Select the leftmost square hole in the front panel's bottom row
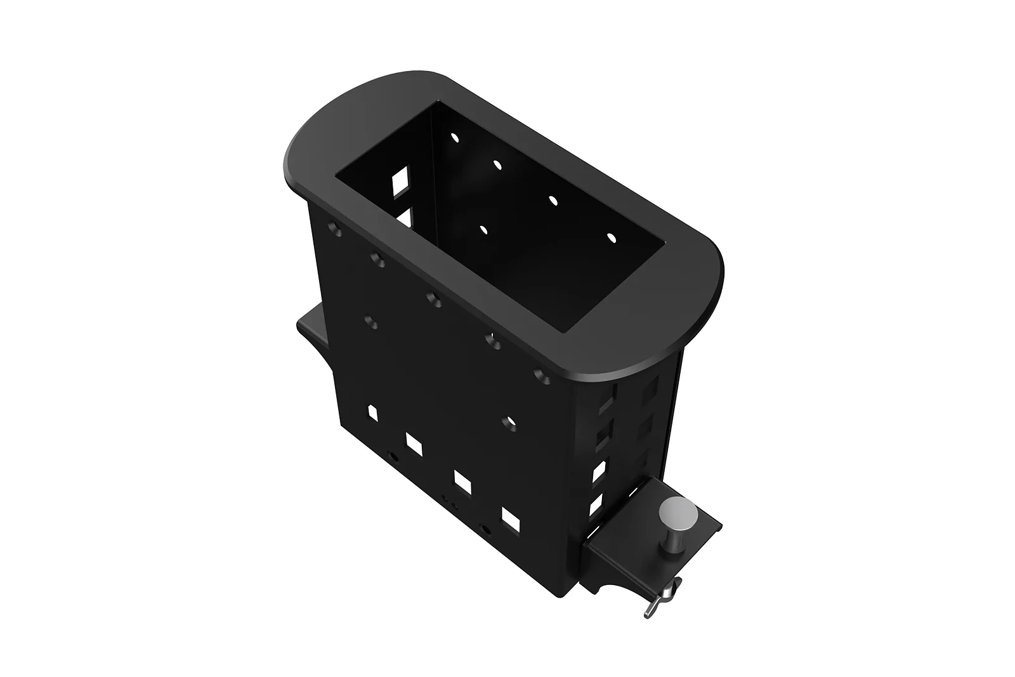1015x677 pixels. (x=372, y=413)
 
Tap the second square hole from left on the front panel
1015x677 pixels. (x=415, y=444)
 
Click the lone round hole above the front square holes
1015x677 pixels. (x=507, y=421)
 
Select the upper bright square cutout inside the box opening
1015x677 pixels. (x=401, y=181)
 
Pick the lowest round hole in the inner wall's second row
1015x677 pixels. (x=483, y=229)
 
